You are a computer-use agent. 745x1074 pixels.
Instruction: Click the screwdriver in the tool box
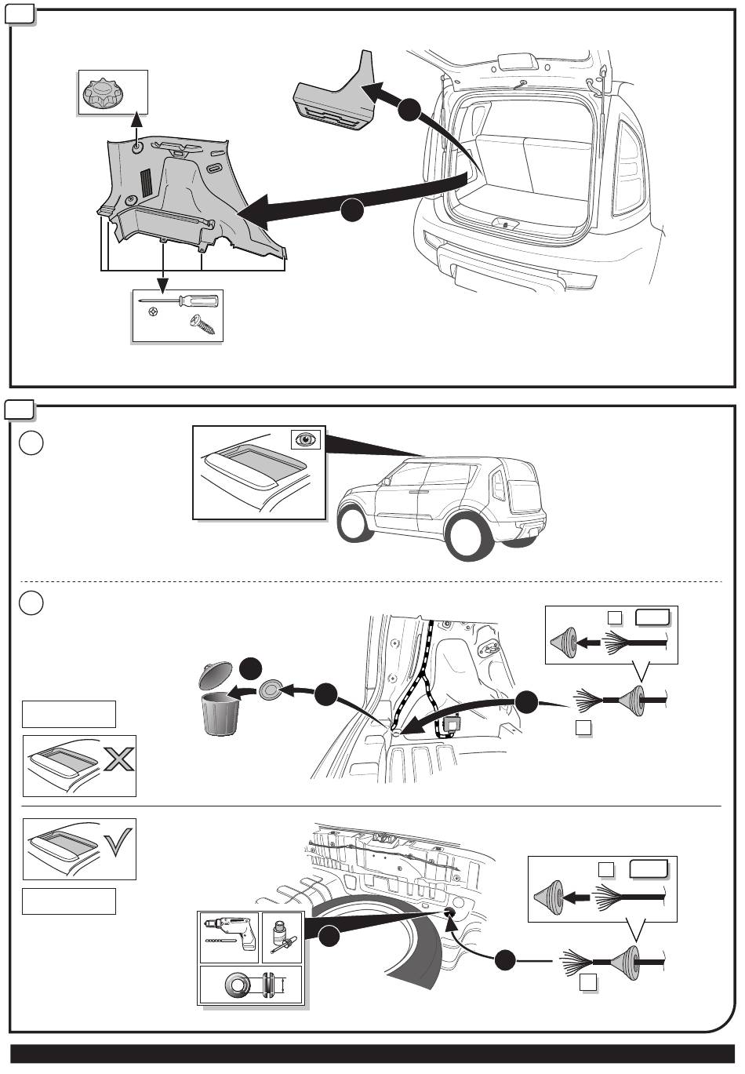click(180, 301)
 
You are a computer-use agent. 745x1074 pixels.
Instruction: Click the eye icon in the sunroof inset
click(305, 439)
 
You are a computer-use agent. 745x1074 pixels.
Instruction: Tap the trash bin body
click(220, 713)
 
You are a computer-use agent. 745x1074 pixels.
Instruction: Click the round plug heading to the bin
click(271, 690)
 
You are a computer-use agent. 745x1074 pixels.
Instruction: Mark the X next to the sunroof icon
click(118, 759)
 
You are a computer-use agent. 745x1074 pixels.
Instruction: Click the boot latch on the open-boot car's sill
click(506, 224)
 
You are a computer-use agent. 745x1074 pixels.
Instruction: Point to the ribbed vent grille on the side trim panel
click(147, 182)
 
